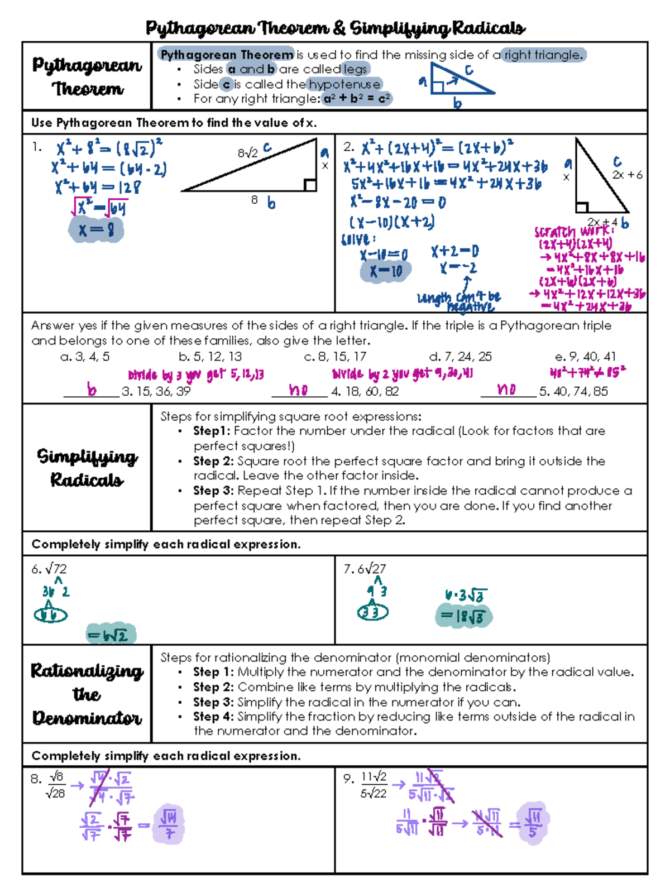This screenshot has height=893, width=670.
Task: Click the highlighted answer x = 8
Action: click(96, 230)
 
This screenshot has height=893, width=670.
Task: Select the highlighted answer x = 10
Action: click(386, 271)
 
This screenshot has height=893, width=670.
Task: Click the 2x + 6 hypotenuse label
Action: click(627, 175)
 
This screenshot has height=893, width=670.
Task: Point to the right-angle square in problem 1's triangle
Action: click(310, 185)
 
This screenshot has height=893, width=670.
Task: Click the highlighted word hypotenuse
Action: click(344, 84)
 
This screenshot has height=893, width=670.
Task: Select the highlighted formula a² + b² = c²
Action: click(357, 99)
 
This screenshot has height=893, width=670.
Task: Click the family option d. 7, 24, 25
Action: click(461, 356)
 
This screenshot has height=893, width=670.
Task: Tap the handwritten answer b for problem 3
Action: click(92, 390)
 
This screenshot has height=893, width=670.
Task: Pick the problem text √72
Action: click(56, 569)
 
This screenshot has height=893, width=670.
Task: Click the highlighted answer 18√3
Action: click(463, 617)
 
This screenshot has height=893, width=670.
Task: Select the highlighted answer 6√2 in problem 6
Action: click(111, 635)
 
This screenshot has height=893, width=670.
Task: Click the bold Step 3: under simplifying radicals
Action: click(213, 491)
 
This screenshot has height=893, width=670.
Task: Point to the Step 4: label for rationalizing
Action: click(213, 716)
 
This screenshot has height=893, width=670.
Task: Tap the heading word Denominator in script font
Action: click(87, 718)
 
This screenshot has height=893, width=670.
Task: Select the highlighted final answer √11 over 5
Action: click(533, 823)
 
